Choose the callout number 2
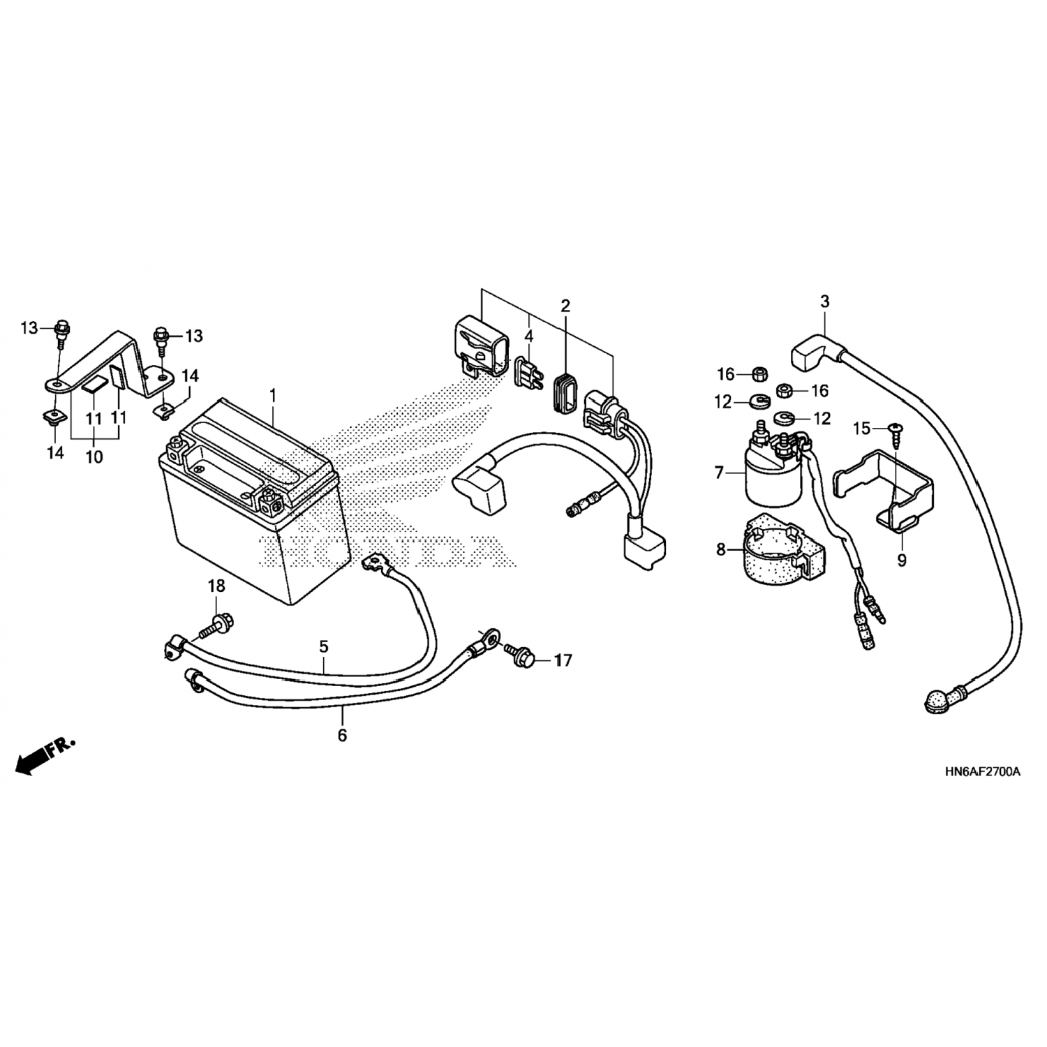(565, 305)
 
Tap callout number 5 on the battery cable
(324, 646)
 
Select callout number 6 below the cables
(342, 735)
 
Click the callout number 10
(94, 457)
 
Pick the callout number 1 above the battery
(273, 396)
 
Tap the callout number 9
(902, 560)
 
